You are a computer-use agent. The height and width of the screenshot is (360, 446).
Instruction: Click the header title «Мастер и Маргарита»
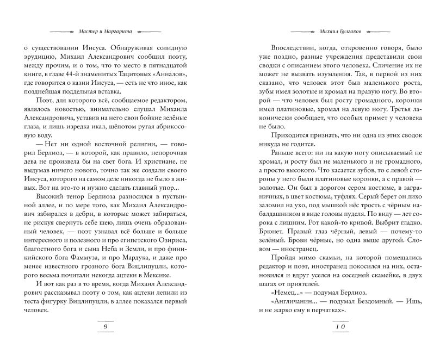tap(107, 30)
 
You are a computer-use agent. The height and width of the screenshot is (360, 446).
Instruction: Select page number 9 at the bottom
tap(107, 327)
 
